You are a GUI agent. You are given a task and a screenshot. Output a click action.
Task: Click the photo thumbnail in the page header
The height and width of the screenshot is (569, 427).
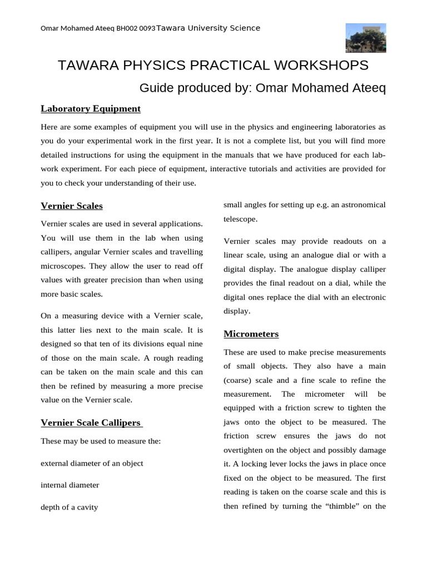point(366,38)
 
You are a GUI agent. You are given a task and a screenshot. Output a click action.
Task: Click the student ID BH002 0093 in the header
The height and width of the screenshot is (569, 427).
point(136,29)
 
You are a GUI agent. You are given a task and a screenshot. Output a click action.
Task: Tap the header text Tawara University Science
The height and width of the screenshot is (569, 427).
point(208,28)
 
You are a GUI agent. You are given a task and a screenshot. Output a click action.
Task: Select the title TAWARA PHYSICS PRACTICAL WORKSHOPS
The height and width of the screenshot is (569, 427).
point(213,65)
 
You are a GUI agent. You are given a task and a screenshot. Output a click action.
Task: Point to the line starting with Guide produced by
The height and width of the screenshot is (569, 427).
point(262,88)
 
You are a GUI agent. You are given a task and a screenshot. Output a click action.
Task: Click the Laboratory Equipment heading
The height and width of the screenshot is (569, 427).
point(91,108)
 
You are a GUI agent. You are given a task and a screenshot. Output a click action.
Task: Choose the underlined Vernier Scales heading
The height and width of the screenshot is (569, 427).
point(72,206)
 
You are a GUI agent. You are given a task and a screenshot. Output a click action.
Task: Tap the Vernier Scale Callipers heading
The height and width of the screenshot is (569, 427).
point(92,423)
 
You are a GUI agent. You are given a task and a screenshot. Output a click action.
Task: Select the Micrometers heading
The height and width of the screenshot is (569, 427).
point(251,334)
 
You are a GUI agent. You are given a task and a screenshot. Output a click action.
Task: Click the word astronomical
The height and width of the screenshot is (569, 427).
point(360,204)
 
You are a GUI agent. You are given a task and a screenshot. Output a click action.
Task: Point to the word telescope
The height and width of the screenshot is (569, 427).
point(240,219)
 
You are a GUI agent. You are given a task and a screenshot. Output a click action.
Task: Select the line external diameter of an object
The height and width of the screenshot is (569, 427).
point(92,463)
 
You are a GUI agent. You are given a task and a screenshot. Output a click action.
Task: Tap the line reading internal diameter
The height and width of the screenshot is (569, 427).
point(70,485)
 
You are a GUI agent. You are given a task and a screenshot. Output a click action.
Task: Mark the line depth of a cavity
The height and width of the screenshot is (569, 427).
point(69,507)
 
